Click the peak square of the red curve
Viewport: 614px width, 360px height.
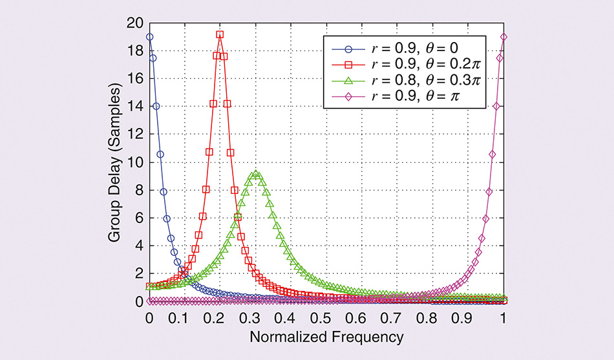220,35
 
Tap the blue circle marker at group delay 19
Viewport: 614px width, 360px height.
150,37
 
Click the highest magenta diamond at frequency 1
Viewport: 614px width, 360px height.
503,37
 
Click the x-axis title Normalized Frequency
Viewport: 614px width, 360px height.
326,337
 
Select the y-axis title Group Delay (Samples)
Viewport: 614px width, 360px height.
114,162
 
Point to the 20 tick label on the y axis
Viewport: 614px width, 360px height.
136,23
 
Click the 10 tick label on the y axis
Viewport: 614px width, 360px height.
136,162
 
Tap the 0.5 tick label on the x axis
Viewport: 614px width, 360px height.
326,318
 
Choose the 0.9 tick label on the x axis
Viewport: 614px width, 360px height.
468,318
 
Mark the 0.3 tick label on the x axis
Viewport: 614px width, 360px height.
256,318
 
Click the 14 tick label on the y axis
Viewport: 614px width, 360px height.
136,107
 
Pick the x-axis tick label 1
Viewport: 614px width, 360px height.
503,318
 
